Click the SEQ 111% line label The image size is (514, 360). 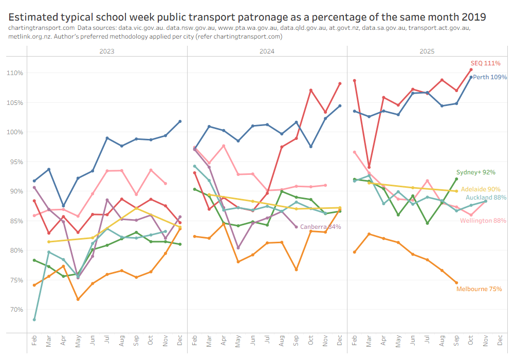coord(486,63)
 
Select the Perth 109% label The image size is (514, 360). coord(490,77)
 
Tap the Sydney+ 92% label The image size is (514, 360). coord(476,172)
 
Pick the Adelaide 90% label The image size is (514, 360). coord(480,189)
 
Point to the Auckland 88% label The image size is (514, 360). coord(486,197)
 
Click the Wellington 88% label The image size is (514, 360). coord(483,221)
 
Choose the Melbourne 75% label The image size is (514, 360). coord(479,289)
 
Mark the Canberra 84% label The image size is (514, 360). coord(320,227)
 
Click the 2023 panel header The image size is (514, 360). coord(106,51)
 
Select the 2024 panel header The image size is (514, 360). coord(267,51)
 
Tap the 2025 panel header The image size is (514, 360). coord(427,51)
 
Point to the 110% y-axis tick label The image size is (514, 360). coord(15,73)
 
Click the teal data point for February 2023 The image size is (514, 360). coord(34,319)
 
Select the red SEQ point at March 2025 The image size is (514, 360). coord(369,167)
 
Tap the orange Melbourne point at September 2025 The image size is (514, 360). coord(456,282)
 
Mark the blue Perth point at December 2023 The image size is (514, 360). coord(180,121)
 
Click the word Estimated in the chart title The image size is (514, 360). coord(34,17)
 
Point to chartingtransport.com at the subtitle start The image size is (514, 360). coord(42,28)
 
